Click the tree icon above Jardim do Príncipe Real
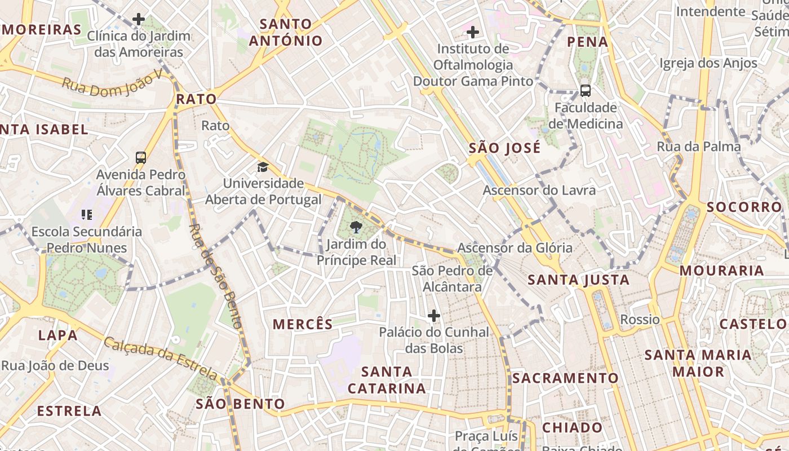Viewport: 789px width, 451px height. coord(356,228)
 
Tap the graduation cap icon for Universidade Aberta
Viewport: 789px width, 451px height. coord(263,167)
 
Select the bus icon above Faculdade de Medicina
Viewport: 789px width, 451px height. coord(586,90)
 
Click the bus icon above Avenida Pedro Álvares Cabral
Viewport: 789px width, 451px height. coord(141,158)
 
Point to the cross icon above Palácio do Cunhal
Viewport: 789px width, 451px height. coord(433,315)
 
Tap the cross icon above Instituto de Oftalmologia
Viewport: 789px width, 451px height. coord(473,32)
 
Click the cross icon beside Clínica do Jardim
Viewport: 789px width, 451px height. coord(139,20)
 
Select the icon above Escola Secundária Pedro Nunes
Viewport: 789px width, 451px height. coord(86,214)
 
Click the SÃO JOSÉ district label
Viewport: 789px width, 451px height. coord(505,148)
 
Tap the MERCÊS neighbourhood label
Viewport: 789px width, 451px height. coord(303,324)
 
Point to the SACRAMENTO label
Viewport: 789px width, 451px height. coord(565,378)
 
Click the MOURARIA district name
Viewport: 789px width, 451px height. coord(721,271)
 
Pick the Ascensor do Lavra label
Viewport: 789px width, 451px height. coord(539,191)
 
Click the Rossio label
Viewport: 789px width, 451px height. coord(640,320)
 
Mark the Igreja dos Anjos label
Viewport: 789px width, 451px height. coord(708,63)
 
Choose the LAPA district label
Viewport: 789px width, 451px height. coord(57,335)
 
